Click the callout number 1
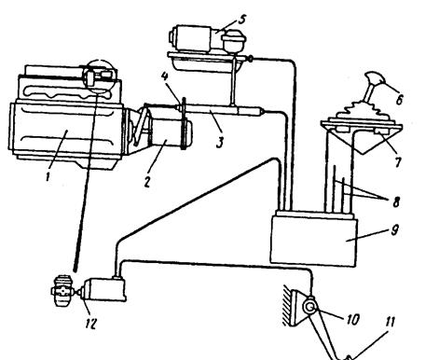tap(48, 177)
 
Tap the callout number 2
tap(147, 182)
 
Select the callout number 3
tap(220, 142)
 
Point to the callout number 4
tap(164, 76)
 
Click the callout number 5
tap(242, 20)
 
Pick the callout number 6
tap(399, 100)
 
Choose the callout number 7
tap(398, 162)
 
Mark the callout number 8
tap(396, 202)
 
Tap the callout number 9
tap(394, 230)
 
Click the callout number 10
tap(352, 320)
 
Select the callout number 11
tap(391, 322)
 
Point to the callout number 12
tap(90, 324)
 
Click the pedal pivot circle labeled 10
tap(310, 307)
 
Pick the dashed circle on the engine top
tap(101, 75)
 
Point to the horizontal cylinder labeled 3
tap(220, 110)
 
